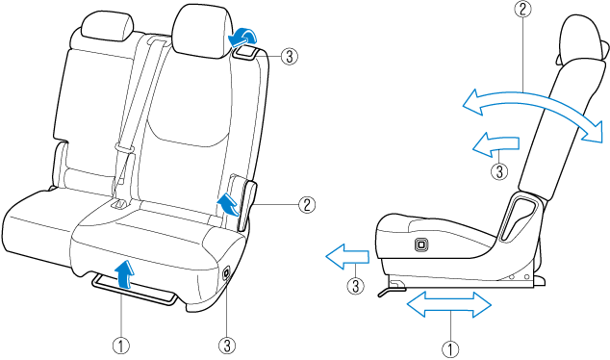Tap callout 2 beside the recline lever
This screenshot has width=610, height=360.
point(306,204)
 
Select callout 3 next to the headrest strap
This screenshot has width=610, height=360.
point(290,57)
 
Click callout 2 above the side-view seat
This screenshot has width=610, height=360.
point(522,10)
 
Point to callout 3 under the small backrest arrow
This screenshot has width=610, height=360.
point(498,172)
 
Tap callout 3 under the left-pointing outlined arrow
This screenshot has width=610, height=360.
point(356,285)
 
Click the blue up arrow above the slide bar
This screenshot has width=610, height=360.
point(124,272)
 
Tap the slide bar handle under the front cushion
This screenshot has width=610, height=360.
point(135,291)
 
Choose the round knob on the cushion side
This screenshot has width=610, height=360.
point(226,274)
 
